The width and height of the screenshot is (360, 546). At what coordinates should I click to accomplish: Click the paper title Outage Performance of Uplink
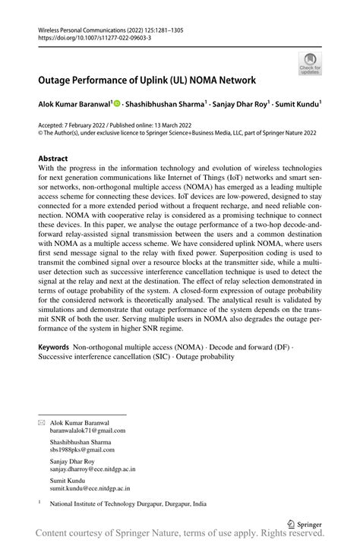click(147, 80)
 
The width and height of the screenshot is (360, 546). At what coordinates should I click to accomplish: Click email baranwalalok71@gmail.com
click(87, 430)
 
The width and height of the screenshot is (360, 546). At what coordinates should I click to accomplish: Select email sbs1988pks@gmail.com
click(81, 450)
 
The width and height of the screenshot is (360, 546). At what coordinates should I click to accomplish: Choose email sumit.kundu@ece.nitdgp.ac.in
click(92, 490)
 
